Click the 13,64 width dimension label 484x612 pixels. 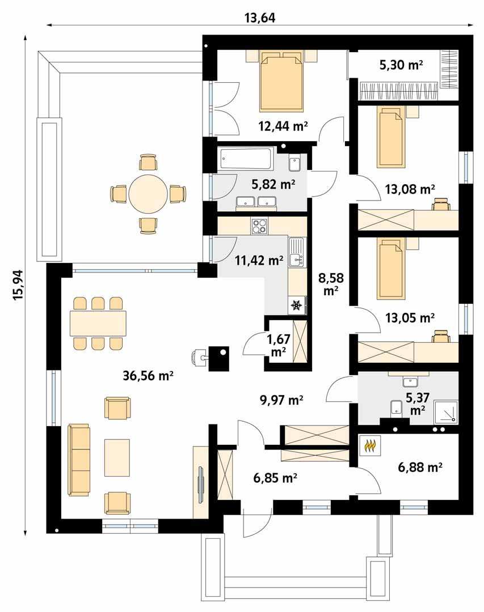(x=260, y=18)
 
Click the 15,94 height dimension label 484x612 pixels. (x=18, y=285)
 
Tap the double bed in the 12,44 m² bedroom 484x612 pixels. (x=281, y=81)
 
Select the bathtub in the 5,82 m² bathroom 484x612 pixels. (x=247, y=160)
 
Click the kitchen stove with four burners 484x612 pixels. (x=260, y=226)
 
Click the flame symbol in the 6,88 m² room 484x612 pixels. (x=370, y=446)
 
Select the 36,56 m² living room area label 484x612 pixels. (x=148, y=376)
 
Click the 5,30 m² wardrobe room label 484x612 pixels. (x=401, y=65)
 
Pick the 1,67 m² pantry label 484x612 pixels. (x=278, y=345)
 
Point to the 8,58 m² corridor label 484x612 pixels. (x=331, y=284)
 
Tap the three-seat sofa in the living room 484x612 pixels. (x=79, y=460)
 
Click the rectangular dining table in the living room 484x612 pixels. (x=98, y=323)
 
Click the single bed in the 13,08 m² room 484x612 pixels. (x=389, y=138)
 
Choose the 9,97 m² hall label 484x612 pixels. (x=281, y=399)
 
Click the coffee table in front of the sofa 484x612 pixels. (x=117, y=457)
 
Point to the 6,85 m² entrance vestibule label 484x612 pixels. (x=275, y=477)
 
